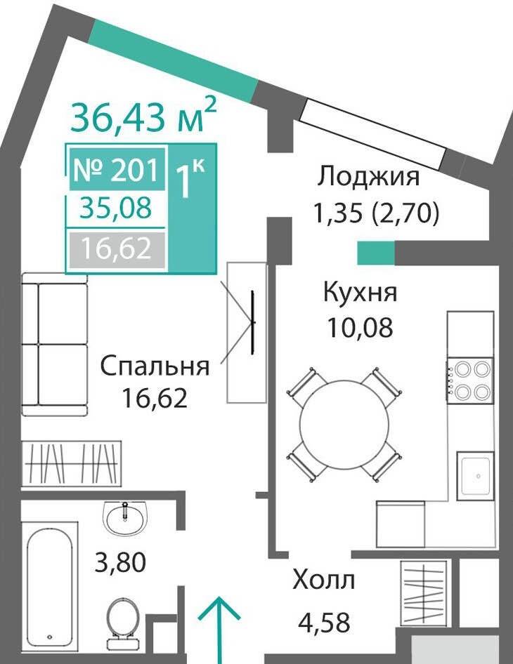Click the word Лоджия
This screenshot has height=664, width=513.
[368, 176]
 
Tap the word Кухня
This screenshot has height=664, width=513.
[360, 293]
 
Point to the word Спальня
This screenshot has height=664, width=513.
[155, 366]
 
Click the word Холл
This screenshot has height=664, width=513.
[324, 581]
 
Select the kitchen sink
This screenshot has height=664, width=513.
[475, 476]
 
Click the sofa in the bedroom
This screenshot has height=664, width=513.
[55, 343]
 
